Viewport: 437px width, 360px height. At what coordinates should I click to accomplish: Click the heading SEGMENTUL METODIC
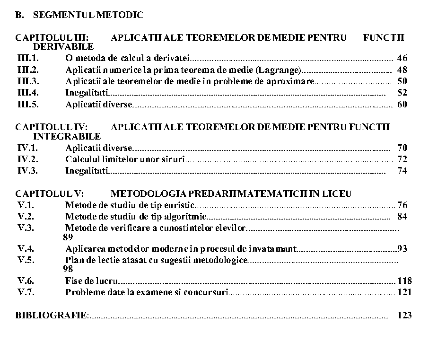(x=88, y=15)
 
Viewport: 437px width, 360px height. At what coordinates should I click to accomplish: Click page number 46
(x=402, y=59)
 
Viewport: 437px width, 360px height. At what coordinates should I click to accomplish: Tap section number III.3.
(x=28, y=81)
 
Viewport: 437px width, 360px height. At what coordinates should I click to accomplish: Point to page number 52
(x=402, y=93)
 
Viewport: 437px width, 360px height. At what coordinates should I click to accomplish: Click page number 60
(x=402, y=105)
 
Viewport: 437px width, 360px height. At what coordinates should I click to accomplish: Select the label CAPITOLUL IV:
(x=52, y=127)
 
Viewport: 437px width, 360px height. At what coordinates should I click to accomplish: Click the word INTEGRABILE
(x=67, y=137)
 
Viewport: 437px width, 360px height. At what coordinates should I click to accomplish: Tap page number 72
(x=402, y=159)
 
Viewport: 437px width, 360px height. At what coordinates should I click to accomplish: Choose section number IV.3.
(x=27, y=171)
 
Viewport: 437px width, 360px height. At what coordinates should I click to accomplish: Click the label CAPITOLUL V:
(x=50, y=194)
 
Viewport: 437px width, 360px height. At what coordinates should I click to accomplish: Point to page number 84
(x=402, y=217)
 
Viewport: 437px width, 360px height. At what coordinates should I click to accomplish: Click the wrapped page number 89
(x=68, y=237)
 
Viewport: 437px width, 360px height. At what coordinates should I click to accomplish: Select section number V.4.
(x=26, y=248)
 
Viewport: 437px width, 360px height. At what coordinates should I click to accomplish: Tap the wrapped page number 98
(x=68, y=269)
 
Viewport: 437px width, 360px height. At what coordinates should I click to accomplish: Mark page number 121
(x=404, y=292)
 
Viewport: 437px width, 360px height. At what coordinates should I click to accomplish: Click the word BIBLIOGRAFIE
(x=51, y=316)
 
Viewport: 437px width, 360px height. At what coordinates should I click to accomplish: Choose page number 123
(x=404, y=316)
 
